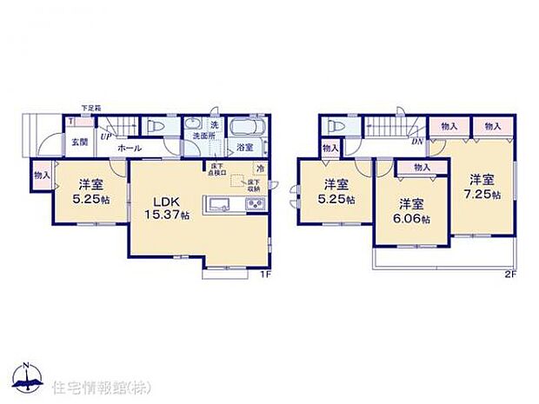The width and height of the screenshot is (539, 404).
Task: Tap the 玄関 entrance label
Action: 79,142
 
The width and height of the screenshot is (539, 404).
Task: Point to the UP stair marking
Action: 105,136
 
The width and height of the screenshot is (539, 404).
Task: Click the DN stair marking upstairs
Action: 417,141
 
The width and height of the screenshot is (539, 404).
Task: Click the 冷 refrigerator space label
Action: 260,167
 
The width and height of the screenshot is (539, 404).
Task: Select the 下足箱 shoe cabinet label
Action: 90,108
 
